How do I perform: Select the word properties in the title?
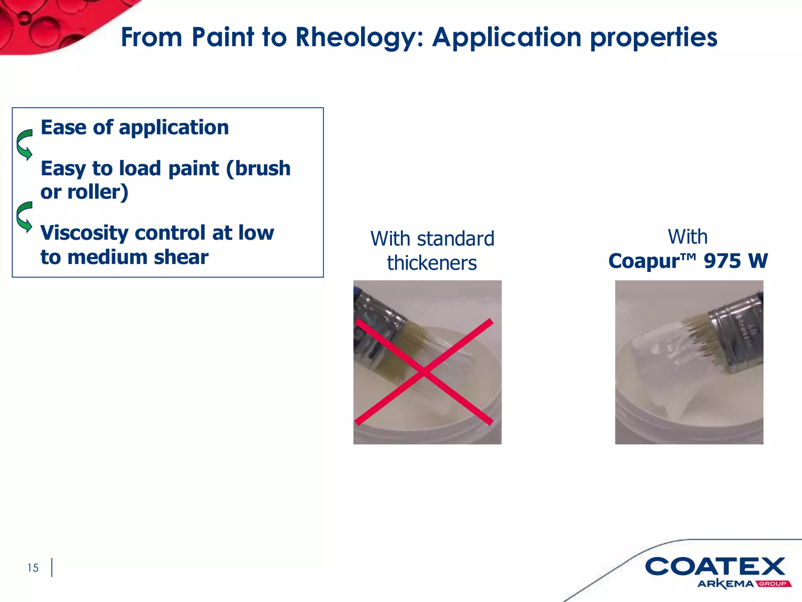[x=654, y=38]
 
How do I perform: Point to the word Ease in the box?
[x=63, y=127]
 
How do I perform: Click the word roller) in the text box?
[x=98, y=192]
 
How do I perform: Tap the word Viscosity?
[x=84, y=233]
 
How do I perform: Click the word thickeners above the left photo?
[x=432, y=263]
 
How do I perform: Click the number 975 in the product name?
[x=722, y=261]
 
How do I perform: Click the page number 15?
[x=33, y=568]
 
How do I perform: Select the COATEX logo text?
[x=715, y=567]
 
